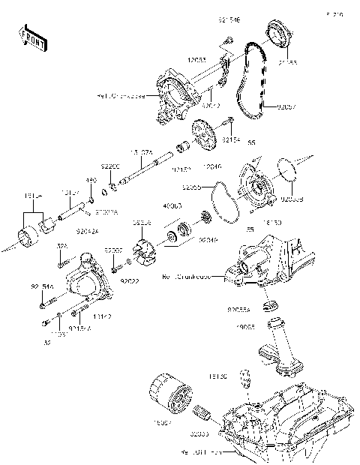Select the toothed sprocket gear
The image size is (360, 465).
[x=203, y=136]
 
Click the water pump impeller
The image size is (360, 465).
[x=144, y=251]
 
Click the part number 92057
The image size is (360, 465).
[x=287, y=107]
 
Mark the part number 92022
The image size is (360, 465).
[x=130, y=280]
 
